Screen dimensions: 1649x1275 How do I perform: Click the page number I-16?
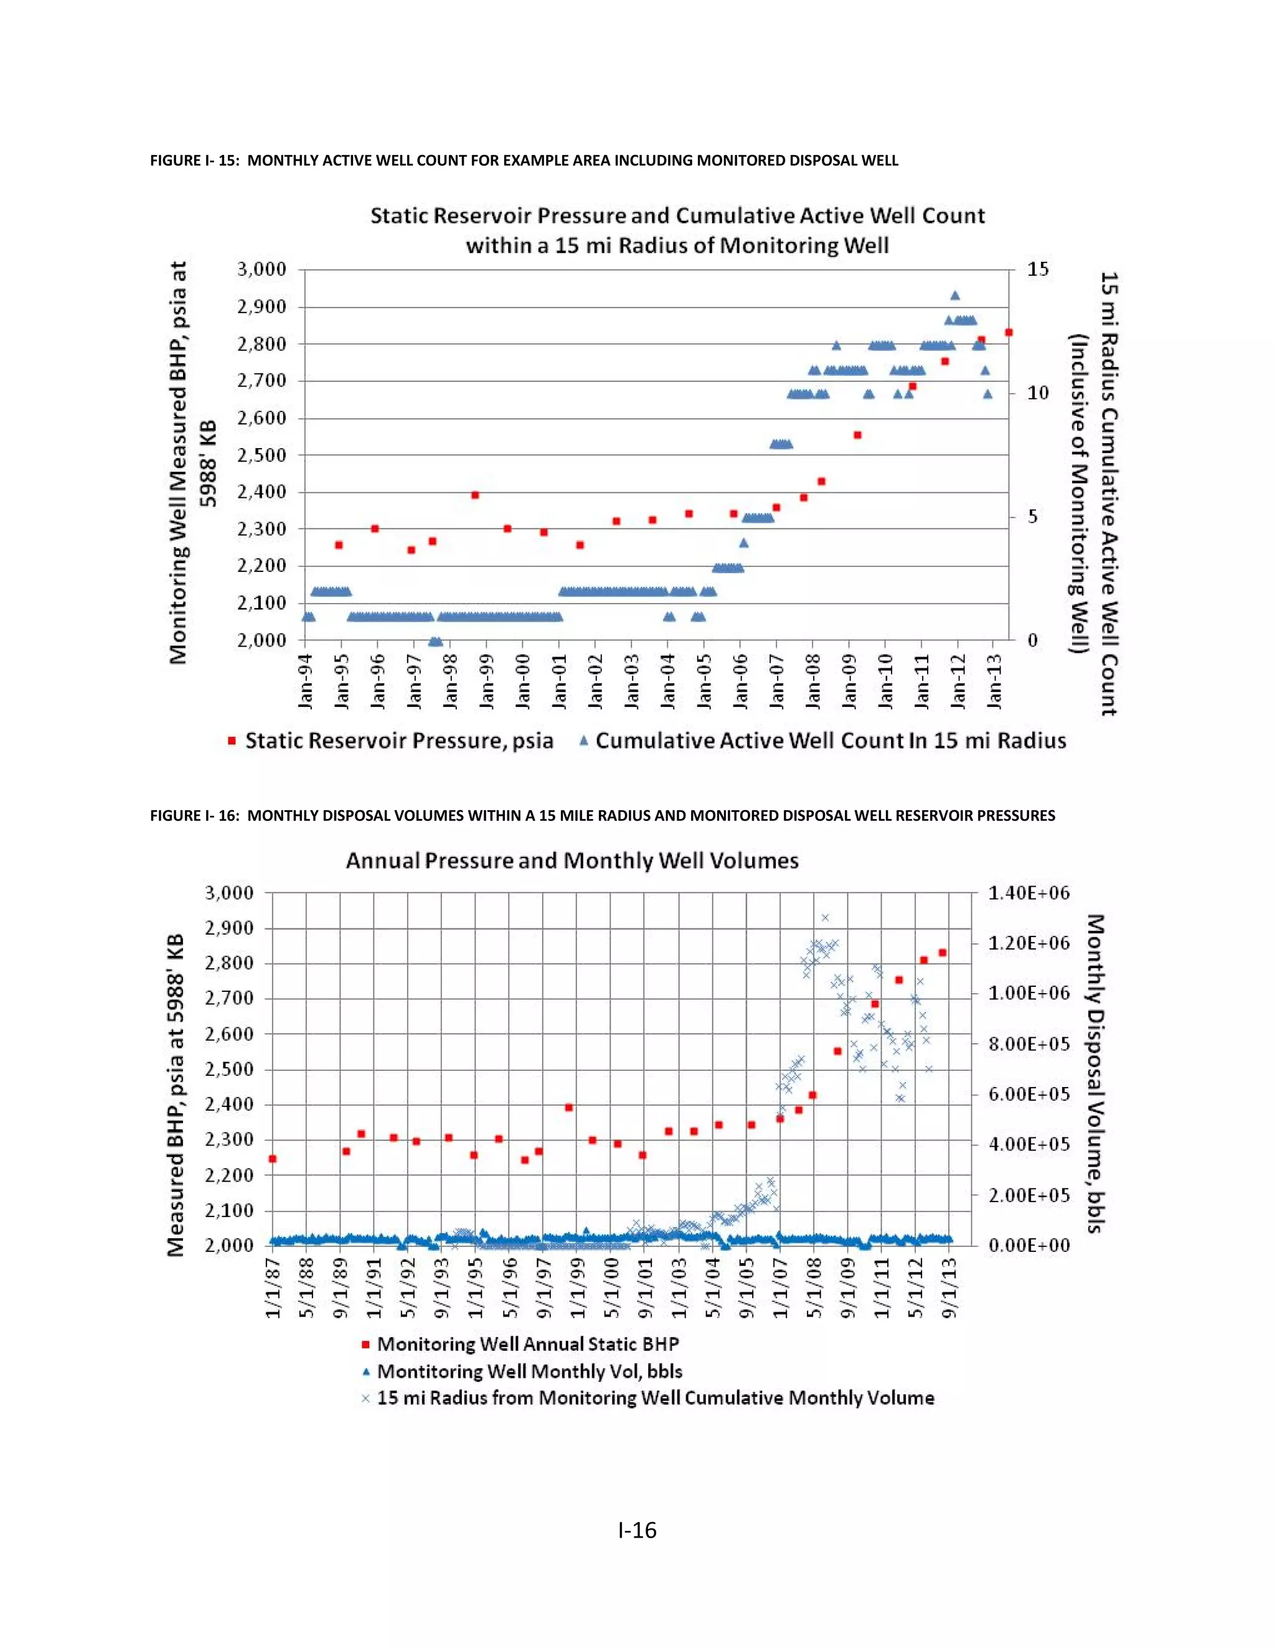pos(637,1531)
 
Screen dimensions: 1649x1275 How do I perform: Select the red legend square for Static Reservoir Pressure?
pos(232,742)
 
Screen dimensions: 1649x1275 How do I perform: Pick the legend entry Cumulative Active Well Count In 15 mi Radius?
pos(830,740)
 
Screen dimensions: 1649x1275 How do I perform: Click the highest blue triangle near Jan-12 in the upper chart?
pos(955,295)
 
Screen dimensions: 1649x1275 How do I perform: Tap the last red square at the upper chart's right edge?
pos(1009,332)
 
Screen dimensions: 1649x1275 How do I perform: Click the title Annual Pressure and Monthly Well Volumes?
pos(572,861)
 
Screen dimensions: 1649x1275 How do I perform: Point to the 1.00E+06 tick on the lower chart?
pos(1028,994)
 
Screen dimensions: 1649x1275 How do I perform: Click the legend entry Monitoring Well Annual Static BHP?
pos(527,1344)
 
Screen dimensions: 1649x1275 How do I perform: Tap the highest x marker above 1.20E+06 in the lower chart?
pos(825,918)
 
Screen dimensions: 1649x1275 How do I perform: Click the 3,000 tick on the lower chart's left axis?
pos(229,893)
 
